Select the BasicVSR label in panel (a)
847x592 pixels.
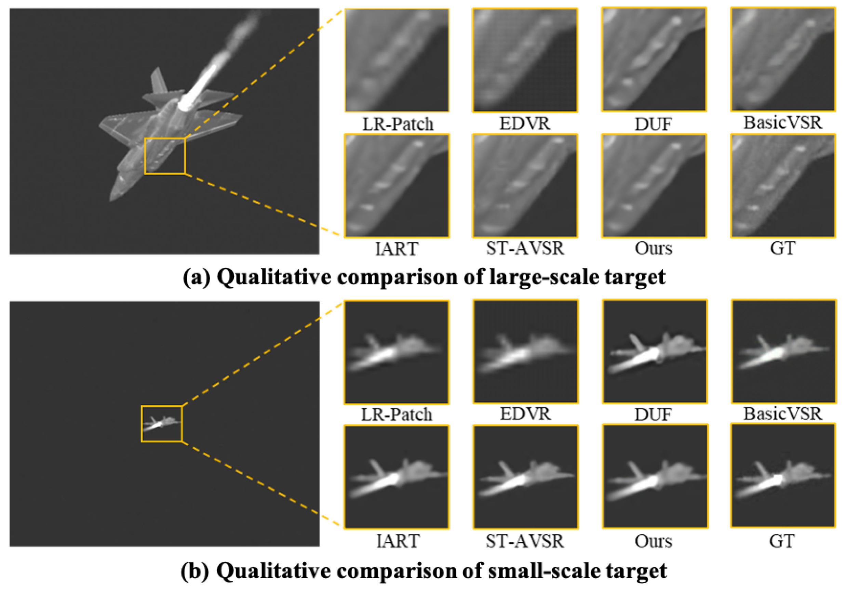[782, 122]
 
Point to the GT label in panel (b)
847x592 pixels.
[782, 541]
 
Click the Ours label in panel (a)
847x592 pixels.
[653, 248]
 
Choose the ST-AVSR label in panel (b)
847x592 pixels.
[525, 541]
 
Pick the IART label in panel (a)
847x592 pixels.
[396, 249]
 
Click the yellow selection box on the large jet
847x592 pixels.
[165, 156]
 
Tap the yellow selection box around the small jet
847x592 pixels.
[162, 424]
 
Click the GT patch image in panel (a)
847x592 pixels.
[783, 186]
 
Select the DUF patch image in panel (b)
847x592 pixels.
[655, 351]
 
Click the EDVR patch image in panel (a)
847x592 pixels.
[525, 60]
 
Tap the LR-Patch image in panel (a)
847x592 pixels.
[397, 60]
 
